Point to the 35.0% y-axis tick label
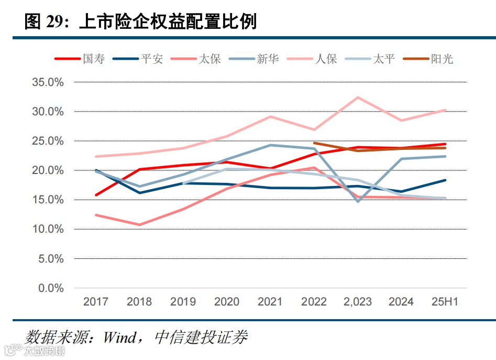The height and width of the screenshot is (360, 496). (48, 82)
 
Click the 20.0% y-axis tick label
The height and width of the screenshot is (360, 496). (48, 171)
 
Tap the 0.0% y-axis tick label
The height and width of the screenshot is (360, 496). (51, 289)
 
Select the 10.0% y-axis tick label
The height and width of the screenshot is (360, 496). (48, 230)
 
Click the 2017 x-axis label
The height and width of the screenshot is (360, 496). (96, 302)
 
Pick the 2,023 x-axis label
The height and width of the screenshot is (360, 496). (358, 302)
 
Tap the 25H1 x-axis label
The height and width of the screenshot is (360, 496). (445, 302)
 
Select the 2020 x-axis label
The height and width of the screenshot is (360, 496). (227, 302)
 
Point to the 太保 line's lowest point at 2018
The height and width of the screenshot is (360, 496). (139, 225)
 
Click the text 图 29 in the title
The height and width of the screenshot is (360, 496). (46, 21)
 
